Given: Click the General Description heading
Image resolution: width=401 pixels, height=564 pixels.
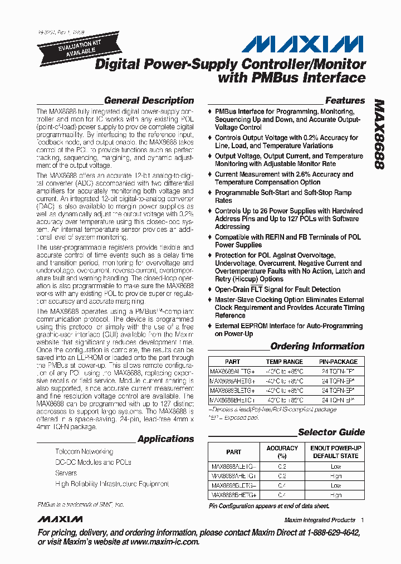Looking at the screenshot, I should (149, 101).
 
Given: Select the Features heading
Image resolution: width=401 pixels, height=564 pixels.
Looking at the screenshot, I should (345, 101).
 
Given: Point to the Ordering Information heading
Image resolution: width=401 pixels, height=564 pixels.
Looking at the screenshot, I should (317, 346).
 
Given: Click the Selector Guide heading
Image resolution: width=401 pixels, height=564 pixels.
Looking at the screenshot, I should (331, 432).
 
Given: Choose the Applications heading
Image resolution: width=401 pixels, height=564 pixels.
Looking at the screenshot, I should (165, 439).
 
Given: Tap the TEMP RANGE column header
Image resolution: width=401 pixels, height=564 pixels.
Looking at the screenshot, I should (284, 362).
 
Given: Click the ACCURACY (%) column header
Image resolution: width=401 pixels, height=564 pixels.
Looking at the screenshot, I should (282, 452).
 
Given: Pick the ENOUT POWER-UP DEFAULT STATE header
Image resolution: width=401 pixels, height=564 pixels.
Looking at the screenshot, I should (336, 452).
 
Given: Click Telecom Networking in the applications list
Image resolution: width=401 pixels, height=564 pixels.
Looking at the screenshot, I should (84, 451).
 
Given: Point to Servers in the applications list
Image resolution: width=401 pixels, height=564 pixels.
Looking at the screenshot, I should (66, 473).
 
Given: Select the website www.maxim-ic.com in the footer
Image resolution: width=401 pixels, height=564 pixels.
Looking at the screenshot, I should (158, 542).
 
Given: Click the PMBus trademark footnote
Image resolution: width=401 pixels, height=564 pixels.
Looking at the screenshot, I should (81, 504).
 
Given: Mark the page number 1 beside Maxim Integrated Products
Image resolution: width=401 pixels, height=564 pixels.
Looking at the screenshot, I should (363, 520).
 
